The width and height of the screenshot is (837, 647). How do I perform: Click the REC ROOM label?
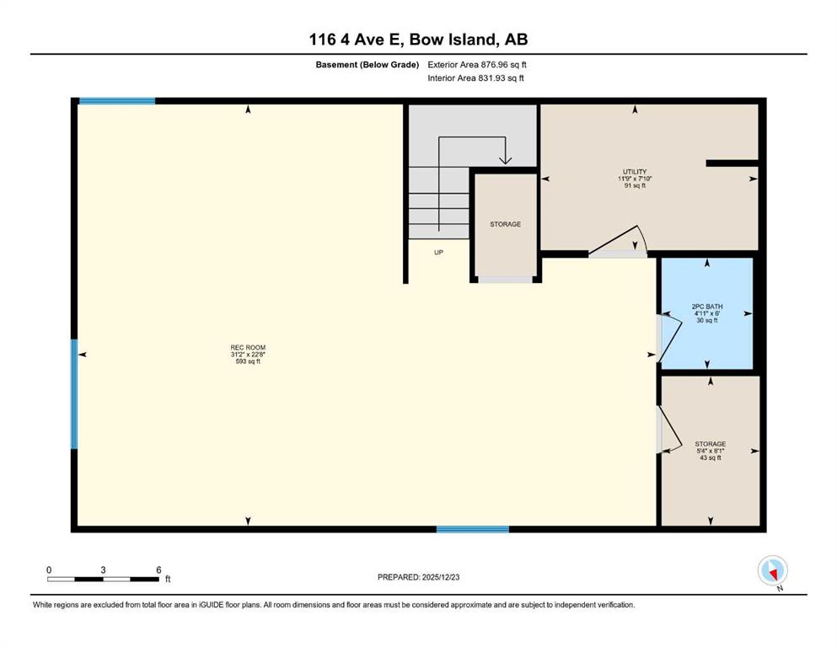[x=248, y=347]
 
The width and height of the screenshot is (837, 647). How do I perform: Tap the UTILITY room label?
[x=635, y=172]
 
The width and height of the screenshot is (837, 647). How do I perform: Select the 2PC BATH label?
[x=706, y=307]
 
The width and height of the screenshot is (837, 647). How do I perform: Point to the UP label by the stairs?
[x=438, y=252]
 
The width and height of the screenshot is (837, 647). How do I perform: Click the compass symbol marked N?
[x=772, y=571]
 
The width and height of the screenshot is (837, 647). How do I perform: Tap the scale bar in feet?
[x=103, y=579]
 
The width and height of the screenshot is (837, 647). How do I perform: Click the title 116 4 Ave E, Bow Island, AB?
[x=418, y=40]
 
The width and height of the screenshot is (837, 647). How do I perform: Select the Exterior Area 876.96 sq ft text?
[x=477, y=65]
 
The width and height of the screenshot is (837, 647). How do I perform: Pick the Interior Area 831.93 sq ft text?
[x=475, y=78]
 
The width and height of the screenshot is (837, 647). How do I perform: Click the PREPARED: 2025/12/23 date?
[x=418, y=577]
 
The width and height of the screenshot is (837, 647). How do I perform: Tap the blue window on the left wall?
[x=74, y=394]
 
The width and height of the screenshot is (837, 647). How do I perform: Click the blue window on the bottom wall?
[x=472, y=529]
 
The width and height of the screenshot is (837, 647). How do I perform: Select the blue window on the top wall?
[x=117, y=101]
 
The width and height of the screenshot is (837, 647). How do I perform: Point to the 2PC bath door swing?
[x=673, y=338]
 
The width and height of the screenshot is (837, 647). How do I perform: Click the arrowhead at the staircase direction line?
[x=505, y=159]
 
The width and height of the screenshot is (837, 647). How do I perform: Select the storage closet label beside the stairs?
[x=505, y=224]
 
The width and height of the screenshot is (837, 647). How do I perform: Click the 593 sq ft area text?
[x=248, y=361]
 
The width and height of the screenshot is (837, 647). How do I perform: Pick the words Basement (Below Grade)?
[x=368, y=65]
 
